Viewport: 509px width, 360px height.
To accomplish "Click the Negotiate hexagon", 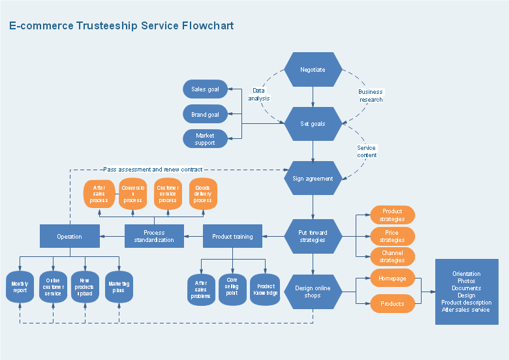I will point(313,70).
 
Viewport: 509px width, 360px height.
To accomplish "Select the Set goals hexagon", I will point(313,124).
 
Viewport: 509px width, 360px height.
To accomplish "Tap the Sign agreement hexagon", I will point(313,178).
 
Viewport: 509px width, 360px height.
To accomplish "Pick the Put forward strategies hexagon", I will point(313,236).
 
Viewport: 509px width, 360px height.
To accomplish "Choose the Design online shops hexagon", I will point(313,292).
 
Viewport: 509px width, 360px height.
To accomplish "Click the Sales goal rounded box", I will point(205,89).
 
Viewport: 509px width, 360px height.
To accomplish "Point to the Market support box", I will point(205,139).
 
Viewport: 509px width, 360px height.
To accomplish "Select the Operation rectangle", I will point(69,236).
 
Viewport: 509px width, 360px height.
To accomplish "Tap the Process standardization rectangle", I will point(154,236).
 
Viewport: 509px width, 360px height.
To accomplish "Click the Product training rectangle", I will point(232,236).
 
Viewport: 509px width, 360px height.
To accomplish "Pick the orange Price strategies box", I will point(392,236).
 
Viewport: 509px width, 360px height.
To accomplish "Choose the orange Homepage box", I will point(392,278).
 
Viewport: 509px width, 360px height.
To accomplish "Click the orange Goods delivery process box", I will point(202,194).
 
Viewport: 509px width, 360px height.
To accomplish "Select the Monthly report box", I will point(20,287).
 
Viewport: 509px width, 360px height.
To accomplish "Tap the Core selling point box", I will point(232,290).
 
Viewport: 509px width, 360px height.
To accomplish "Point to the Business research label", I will point(371,96).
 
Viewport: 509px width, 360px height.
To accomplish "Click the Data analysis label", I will point(259,95).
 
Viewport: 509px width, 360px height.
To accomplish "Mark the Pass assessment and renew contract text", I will point(152,170).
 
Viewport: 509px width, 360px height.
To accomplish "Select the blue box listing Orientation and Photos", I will point(466,292).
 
